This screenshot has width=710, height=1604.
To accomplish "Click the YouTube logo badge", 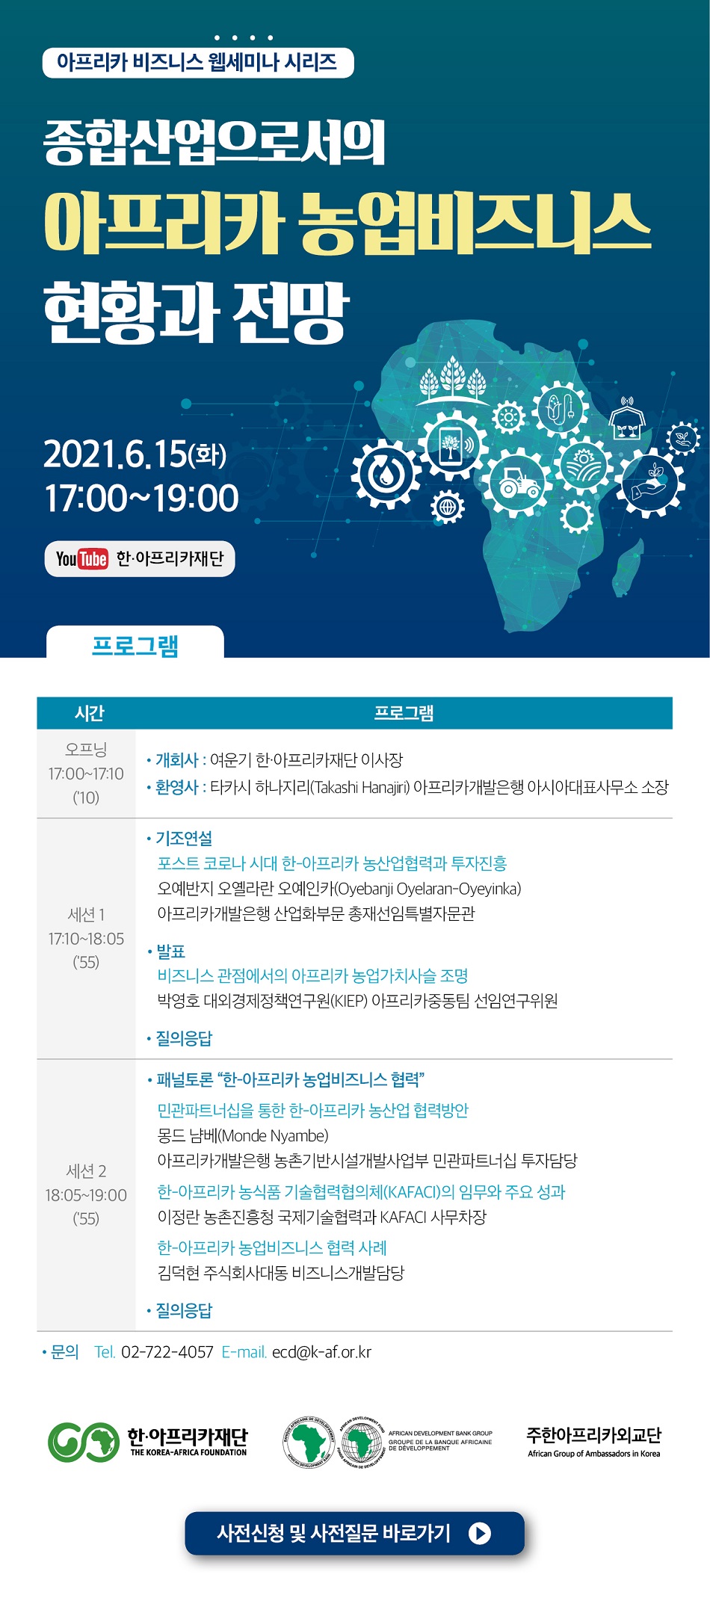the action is point(81,558).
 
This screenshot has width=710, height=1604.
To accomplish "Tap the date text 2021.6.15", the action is point(115,454).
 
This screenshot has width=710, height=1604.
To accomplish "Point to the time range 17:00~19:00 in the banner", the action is point(142,498).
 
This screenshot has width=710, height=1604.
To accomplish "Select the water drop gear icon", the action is point(386,473).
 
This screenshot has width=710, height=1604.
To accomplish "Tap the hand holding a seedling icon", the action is point(649,484).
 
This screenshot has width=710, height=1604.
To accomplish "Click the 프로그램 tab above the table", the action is point(135,644).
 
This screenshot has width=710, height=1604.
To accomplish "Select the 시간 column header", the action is point(89,713).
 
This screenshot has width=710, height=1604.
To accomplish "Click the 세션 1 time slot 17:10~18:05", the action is point(86,939).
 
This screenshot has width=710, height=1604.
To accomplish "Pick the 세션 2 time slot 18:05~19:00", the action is point(86,1195).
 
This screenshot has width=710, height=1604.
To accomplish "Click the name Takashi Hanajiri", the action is point(362,788).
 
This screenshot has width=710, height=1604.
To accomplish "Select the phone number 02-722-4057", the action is point(167,1352).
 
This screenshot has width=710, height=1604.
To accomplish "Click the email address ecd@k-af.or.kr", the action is point(321,1352).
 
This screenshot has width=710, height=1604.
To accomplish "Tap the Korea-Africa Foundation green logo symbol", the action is point(84,1442).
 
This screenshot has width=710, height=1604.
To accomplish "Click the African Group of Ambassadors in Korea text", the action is point(594,1454).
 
